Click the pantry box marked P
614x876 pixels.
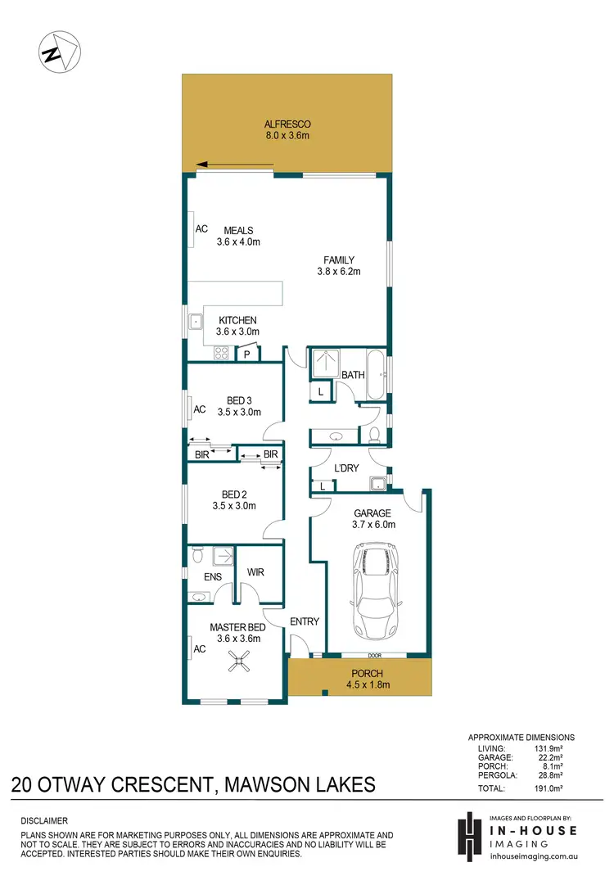pyautogui.click(x=247, y=354)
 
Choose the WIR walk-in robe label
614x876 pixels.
pyautogui.click(x=256, y=573)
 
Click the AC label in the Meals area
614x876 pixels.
pyautogui.click(x=201, y=229)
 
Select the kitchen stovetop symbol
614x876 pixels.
pyautogui.click(x=219, y=353)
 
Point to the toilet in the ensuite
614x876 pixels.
pyautogui.click(x=195, y=558)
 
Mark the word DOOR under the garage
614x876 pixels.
pyautogui.click(x=375, y=656)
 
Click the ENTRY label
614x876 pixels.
pyautogui.click(x=304, y=621)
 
